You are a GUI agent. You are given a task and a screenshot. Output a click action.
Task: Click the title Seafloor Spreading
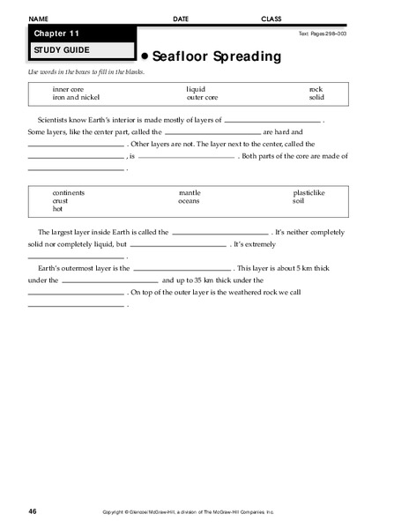(216, 56)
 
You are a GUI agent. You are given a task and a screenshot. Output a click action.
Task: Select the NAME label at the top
(38, 19)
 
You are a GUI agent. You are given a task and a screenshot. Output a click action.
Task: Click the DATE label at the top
(181, 19)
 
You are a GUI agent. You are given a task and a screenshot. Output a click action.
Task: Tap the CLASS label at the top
(271, 19)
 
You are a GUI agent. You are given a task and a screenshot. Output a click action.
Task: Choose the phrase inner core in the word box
(69, 89)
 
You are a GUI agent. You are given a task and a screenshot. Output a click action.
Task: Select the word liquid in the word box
(195, 89)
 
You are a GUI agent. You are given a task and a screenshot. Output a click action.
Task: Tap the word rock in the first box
(316, 89)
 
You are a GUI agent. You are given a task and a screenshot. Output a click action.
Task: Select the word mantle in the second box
(190, 193)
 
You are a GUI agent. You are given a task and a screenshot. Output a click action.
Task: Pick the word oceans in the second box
(190, 201)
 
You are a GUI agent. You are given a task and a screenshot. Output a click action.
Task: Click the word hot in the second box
(58, 209)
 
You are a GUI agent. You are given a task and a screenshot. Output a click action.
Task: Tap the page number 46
(33, 511)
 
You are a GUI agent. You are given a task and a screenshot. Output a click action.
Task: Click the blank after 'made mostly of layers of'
(273, 119)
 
